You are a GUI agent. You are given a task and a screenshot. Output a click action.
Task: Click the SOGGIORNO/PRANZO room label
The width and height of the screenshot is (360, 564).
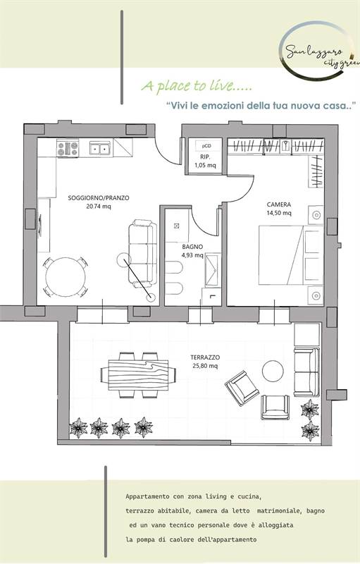point(99,198)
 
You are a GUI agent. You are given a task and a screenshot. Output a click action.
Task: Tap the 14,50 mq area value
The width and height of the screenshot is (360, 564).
point(279,213)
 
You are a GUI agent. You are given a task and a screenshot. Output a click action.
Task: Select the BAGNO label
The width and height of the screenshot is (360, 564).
point(192,247)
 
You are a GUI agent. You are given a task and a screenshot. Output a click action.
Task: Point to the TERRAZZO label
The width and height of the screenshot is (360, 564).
point(205,357)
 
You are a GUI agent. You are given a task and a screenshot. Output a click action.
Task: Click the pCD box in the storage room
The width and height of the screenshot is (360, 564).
point(206,146)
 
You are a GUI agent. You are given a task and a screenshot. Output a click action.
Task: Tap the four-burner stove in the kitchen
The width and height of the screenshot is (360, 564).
point(68,148)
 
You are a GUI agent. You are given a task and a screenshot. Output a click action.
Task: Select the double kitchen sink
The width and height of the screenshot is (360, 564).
point(100,148)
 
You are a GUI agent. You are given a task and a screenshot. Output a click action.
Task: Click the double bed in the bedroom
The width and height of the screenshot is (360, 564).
point(291,255)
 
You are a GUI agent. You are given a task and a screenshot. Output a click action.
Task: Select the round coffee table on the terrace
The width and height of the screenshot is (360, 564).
point(273,372)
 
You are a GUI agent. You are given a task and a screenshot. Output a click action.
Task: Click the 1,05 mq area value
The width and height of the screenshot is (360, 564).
point(205,166)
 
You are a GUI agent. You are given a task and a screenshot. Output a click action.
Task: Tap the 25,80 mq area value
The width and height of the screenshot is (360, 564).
point(205,366)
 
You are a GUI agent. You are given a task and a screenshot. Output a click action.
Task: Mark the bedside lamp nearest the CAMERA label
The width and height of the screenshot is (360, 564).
point(316,215)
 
